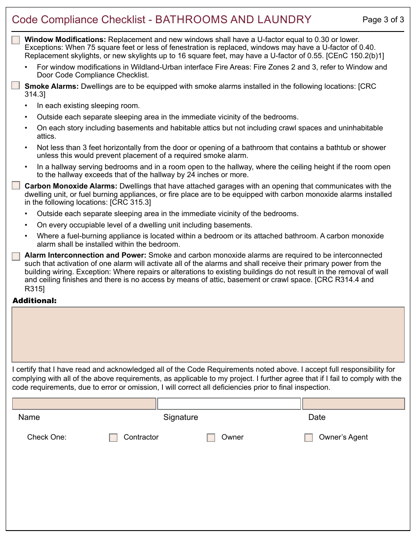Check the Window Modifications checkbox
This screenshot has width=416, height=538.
click(16, 40)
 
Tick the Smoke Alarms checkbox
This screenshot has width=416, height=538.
click(16, 86)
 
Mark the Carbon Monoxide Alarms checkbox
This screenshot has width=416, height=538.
click(16, 185)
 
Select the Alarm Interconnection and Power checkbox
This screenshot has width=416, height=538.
click(16, 256)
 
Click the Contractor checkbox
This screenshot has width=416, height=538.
click(113, 438)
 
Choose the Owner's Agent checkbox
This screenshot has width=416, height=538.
click(309, 438)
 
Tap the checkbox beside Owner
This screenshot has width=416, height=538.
click(211, 438)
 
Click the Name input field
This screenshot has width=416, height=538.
click(84, 404)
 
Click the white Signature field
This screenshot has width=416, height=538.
click(229, 404)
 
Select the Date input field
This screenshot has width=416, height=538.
click(353, 404)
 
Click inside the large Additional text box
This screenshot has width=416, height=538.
click(208, 335)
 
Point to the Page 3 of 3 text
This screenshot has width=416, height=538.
click(383, 20)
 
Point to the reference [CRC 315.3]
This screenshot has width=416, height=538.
click(130, 202)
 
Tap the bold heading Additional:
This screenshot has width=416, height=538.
click(35, 301)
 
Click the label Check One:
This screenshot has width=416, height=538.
click(47, 437)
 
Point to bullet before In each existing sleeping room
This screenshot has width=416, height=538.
click(26, 106)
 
